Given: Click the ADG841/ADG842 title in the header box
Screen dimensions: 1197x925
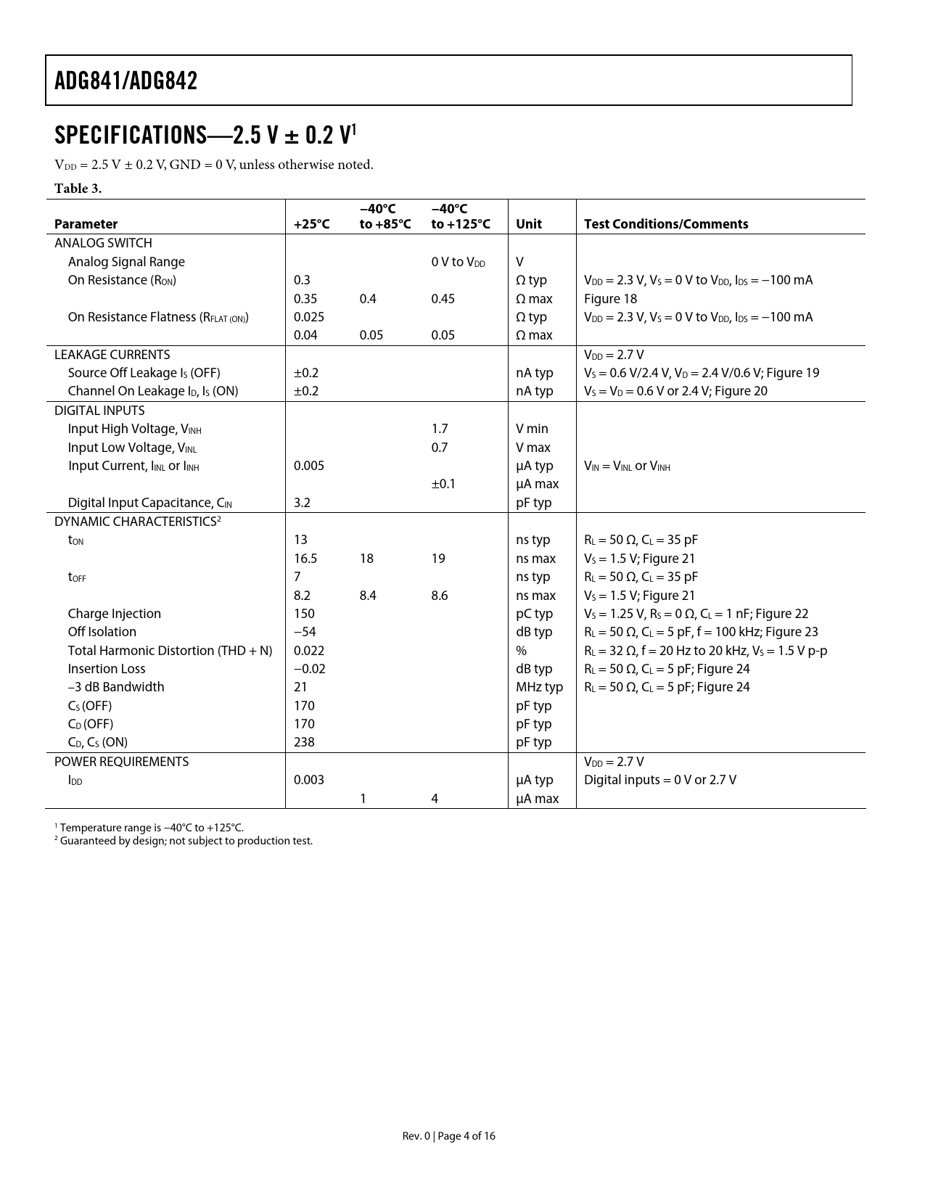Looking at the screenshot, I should pos(126,81).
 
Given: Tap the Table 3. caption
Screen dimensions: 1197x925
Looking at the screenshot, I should pos(78,189).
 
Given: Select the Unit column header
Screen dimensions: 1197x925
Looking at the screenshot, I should pos(528,224).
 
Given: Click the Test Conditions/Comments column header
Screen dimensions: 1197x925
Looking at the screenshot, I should pos(665,224).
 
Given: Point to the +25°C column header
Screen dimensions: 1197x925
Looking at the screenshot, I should pos(311,224).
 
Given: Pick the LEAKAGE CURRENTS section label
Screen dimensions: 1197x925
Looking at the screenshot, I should pos(112,355).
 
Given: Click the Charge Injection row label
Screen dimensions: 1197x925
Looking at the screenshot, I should pos(114,614).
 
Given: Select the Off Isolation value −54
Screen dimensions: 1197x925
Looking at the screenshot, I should pos(305,632).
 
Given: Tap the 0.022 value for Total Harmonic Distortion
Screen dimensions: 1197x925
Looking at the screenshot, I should pos(308,651).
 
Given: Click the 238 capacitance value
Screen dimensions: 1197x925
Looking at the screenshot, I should pos(304,742).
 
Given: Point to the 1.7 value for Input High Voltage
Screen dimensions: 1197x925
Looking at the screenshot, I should pos(439,429).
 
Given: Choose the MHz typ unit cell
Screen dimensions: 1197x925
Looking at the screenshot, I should pos(539,687).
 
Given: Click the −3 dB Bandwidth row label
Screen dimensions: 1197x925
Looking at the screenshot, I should pos(115,687).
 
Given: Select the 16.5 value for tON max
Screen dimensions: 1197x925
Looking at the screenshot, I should pos(305,559).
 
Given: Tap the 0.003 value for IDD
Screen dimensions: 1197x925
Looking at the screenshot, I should pos(308,780).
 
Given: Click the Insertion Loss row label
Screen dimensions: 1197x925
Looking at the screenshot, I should pos(106,669).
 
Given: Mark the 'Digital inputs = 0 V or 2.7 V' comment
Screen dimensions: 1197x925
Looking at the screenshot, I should pos(659,780).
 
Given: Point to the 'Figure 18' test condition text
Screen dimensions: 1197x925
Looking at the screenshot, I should pos(610,299).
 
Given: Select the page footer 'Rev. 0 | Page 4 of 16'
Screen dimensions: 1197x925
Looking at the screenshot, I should pos(448,1136).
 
